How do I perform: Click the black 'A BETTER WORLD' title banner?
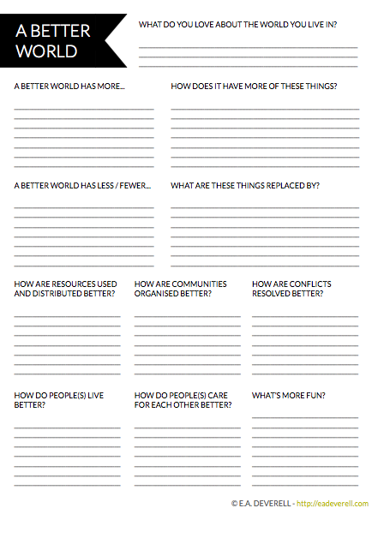coord(60,41)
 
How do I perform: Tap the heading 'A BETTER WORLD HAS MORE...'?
coord(69,87)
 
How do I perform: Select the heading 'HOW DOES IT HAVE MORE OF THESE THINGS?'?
coord(254,87)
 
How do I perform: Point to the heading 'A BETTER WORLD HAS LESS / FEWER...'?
coord(82,185)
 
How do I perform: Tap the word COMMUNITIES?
coord(200,284)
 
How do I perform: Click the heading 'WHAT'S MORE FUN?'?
coord(288,395)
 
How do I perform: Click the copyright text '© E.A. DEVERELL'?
coord(261,504)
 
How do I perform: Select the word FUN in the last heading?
coord(316,395)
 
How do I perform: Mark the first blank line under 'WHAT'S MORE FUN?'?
coord(304,416)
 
